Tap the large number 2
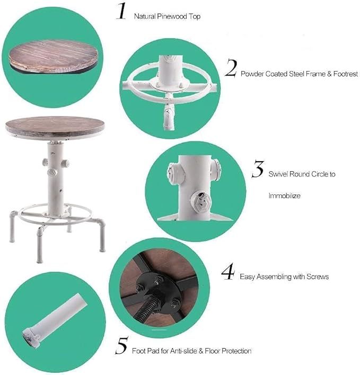[230, 69]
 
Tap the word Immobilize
[284, 195]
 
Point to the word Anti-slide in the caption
[181, 351]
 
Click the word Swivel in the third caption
[278, 174]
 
